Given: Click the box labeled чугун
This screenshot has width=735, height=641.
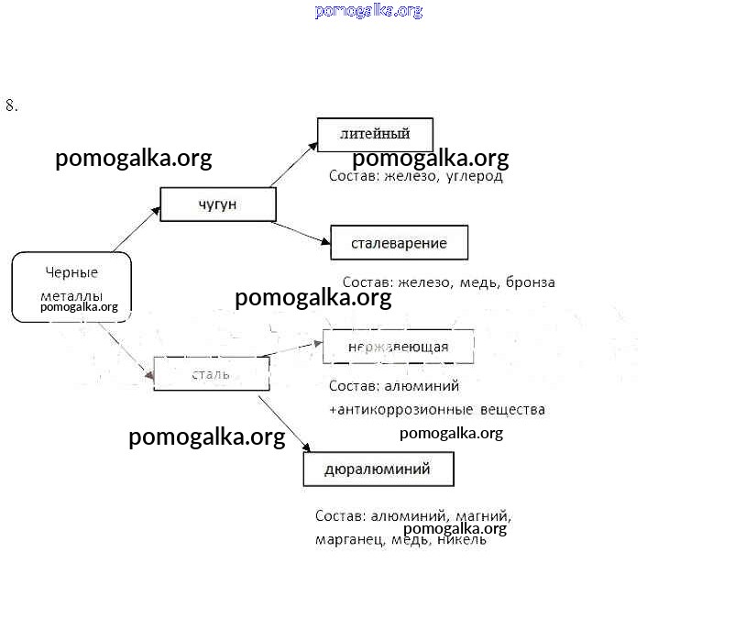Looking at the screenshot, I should (x=218, y=204).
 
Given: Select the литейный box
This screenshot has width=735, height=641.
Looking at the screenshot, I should (x=375, y=134).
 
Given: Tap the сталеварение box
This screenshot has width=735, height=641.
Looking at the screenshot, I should (x=399, y=243).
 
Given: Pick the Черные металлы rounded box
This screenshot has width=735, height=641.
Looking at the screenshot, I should (x=71, y=287).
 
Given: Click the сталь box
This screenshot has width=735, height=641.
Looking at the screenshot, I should (x=211, y=374).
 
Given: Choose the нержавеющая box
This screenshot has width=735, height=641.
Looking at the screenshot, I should (x=399, y=347).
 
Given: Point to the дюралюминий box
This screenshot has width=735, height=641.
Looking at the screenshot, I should (x=378, y=470).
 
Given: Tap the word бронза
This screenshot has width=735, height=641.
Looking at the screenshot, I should (x=530, y=282).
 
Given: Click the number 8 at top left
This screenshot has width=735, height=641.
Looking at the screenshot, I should (x=10, y=105).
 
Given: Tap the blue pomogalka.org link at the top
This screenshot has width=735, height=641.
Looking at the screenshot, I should (x=368, y=11).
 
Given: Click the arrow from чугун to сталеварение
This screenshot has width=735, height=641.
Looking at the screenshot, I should (x=301, y=233).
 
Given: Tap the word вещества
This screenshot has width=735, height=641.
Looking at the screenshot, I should (x=515, y=409).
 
